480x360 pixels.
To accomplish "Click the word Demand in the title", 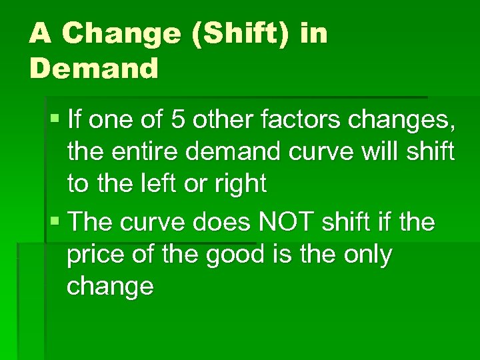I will click(x=94, y=69).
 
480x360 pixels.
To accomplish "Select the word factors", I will click(x=293, y=121).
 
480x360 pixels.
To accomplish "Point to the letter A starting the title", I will click(x=40, y=34).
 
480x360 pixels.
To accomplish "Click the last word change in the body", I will click(x=110, y=287).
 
